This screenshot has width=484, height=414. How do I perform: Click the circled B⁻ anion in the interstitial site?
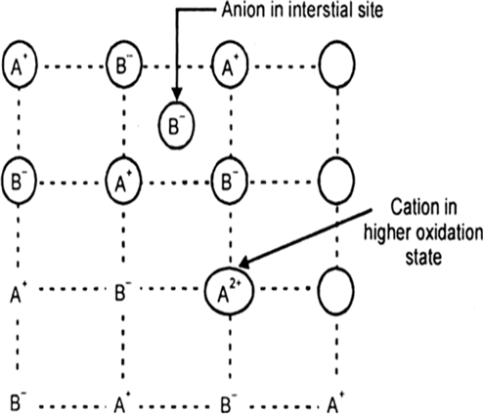176,125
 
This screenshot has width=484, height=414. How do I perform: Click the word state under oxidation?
423,257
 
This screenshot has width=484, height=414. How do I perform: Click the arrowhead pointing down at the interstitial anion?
176,94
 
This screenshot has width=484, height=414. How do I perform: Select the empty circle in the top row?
336,63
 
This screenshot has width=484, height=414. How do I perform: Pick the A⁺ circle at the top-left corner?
20,63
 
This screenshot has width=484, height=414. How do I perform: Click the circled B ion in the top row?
124,63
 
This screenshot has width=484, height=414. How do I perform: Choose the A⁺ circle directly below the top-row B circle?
124,181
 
